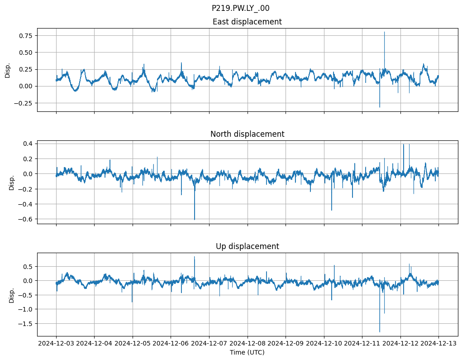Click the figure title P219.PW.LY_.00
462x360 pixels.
click(x=240, y=8)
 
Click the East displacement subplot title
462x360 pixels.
click(x=247, y=22)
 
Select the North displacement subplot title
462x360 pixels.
click(x=247, y=134)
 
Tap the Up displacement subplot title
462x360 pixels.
click(x=247, y=246)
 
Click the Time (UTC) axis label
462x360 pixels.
click(x=247, y=352)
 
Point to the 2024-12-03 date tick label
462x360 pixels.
click(x=56, y=343)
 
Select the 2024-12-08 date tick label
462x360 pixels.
click(x=248, y=343)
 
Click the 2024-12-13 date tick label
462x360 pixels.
click(x=438, y=343)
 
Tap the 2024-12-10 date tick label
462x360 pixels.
click(x=324, y=343)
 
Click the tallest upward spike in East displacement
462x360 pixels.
click(x=384, y=32)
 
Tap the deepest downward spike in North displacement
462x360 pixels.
click(x=195, y=219)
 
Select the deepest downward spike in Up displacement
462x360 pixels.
click(x=380, y=331)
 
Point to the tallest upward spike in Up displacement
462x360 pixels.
click(x=195, y=257)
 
